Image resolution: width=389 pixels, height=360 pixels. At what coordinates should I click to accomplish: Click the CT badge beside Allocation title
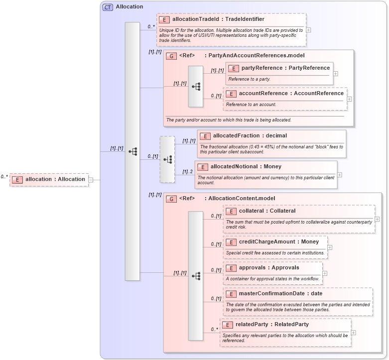click(x=108, y=7)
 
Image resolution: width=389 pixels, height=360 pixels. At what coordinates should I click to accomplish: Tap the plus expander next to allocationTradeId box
click(x=309, y=29)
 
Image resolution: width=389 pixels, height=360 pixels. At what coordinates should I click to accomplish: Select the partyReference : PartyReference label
click(x=285, y=68)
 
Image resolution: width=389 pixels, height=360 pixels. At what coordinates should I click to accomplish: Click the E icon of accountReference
click(x=231, y=94)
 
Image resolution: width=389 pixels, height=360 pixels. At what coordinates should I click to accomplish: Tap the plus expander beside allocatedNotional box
click(x=340, y=175)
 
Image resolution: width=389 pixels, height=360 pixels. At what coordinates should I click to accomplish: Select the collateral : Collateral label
click(x=267, y=211)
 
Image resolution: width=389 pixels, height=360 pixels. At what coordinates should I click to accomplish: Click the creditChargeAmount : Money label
click(x=278, y=242)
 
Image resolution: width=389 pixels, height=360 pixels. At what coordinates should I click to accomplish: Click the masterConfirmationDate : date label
click(x=280, y=294)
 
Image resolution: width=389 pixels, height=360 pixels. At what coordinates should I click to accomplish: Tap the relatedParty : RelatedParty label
click(x=272, y=325)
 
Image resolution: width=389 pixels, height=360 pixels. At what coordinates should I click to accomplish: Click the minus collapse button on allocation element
click(x=91, y=180)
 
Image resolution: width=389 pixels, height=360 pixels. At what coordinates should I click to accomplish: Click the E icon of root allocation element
click(x=17, y=180)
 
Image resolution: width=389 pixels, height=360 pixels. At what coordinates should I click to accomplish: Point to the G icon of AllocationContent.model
click(x=171, y=198)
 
